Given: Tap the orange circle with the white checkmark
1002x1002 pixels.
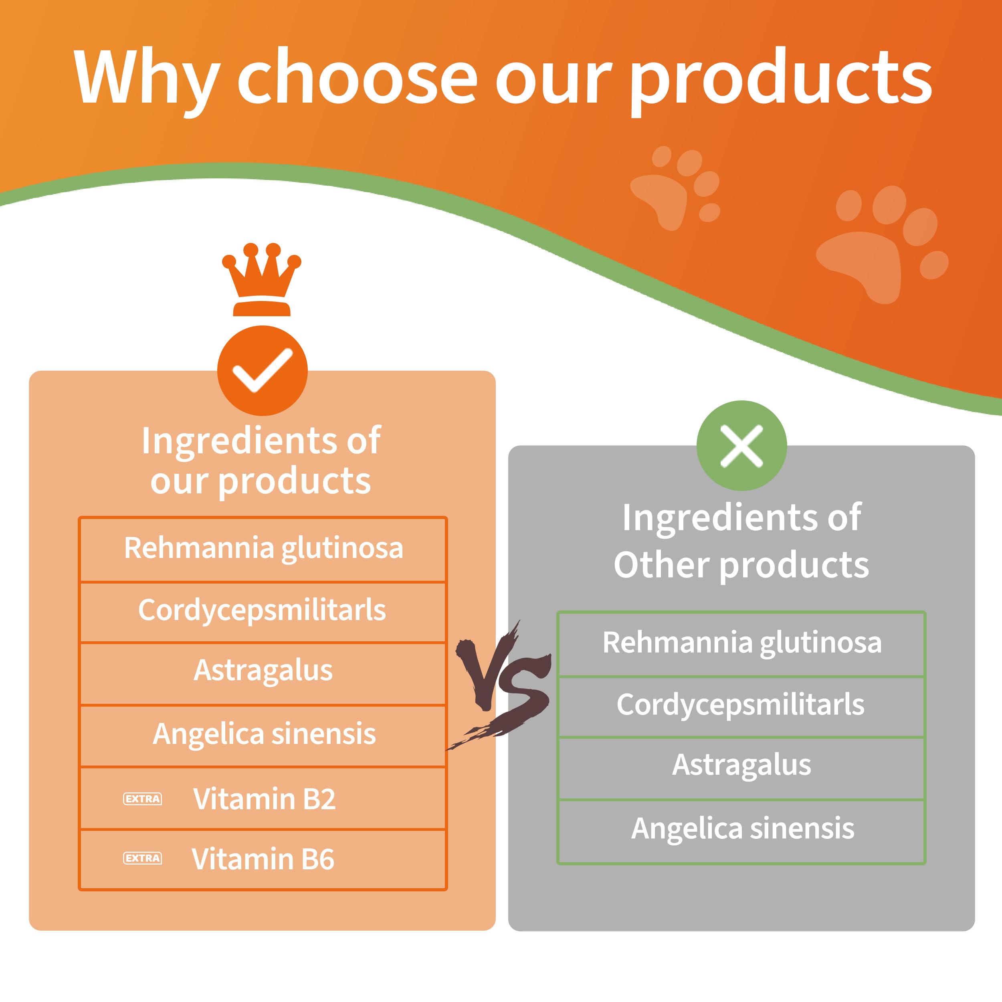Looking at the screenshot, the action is pyautogui.click(x=263, y=370).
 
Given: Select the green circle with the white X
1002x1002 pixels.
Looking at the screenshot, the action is pyautogui.click(x=741, y=446).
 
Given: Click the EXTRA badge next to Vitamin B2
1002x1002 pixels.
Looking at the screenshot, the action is pyautogui.click(x=142, y=799).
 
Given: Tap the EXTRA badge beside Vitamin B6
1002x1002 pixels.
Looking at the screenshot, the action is pyautogui.click(x=142, y=859).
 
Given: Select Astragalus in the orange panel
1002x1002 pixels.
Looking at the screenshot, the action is pyautogui.click(x=263, y=670).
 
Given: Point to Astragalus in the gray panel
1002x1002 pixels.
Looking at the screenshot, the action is pyautogui.click(x=741, y=765).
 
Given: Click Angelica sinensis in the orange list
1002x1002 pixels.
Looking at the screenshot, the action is pyautogui.click(x=264, y=734).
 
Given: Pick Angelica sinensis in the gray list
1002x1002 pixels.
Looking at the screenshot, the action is pyautogui.click(x=743, y=828).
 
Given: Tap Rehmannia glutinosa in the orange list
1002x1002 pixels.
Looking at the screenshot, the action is pyautogui.click(x=263, y=548).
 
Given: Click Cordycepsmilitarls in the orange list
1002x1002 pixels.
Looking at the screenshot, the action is pyautogui.click(x=262, y=610).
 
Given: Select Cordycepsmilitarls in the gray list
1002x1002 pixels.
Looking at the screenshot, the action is pyautogui.click(x=741, y=704).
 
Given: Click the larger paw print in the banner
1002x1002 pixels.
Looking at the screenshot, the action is pyautogui.click(x=882, y=244).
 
